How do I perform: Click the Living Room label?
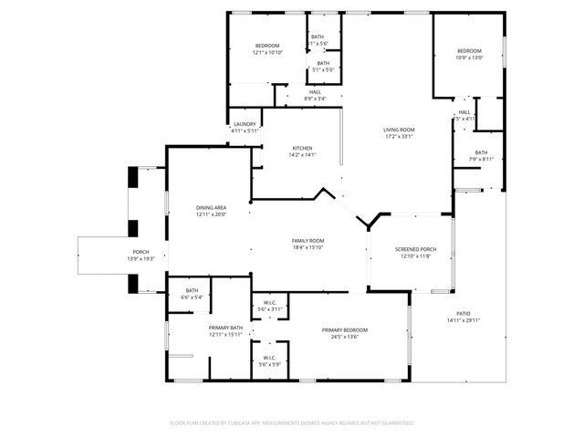point(399,130)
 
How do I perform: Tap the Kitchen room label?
point(302,148)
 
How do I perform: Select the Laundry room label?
point(245,124)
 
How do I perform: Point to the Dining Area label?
point(211,208)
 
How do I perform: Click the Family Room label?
point(308,240)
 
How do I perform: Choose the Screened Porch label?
point(415,249)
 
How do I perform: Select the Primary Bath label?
point(224,328)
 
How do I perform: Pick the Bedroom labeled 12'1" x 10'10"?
point(267,46)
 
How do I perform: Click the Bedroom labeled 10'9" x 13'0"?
point(469,50)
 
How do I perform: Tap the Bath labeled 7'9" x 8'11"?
point(481,152)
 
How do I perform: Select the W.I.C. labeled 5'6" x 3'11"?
point(270,303)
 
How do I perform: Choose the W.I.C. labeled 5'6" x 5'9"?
point(270,358)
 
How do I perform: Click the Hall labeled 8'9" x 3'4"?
point(315,91)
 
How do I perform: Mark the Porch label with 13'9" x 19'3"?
point(141,252)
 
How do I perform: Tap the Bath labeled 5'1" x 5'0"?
point(323,63)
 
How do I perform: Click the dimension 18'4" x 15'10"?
point(308,247)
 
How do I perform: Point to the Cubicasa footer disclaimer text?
point(292,422)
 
